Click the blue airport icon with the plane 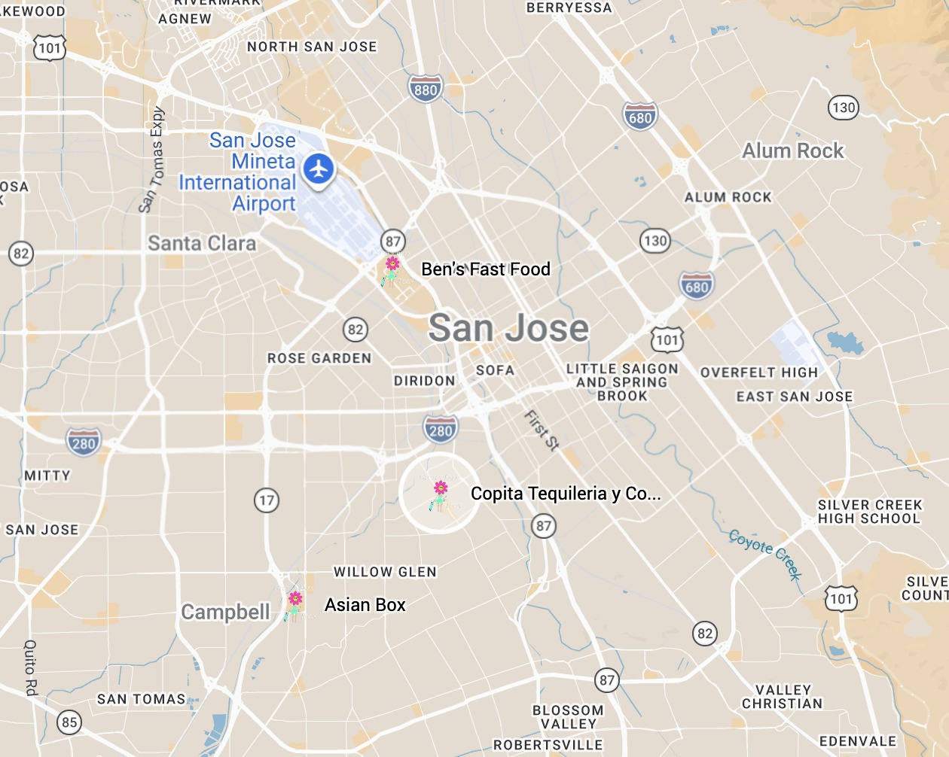319,169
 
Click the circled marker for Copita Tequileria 440,494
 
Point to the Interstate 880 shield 426,90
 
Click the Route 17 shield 267,500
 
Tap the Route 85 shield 69,722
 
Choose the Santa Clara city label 202,244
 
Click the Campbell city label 225,613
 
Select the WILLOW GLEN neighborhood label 385,573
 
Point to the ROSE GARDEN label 319,359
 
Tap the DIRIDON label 425,381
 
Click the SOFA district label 495,370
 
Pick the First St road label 542,430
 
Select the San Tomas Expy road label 153,160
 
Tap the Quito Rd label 31,667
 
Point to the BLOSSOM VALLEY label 568,717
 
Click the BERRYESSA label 569,8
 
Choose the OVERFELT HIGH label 758,372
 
